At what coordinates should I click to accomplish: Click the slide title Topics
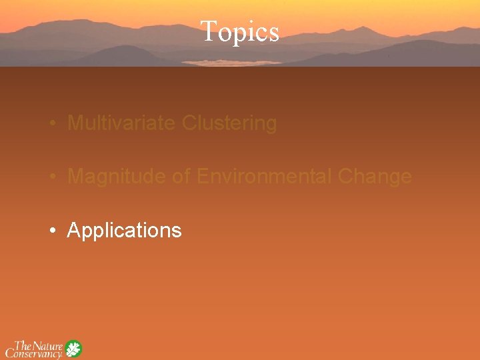[239, 31]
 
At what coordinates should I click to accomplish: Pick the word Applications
[124, 231]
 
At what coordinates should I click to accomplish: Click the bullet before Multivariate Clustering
[51, 124]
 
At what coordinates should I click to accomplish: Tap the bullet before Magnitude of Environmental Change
[51, 177]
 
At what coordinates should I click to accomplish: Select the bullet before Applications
[51, 231]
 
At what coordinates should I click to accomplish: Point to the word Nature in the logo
[49, 345]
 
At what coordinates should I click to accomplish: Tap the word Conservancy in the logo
[34, 354]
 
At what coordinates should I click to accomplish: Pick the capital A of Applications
[74, 231]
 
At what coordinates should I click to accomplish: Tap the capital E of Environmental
[203, 177]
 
